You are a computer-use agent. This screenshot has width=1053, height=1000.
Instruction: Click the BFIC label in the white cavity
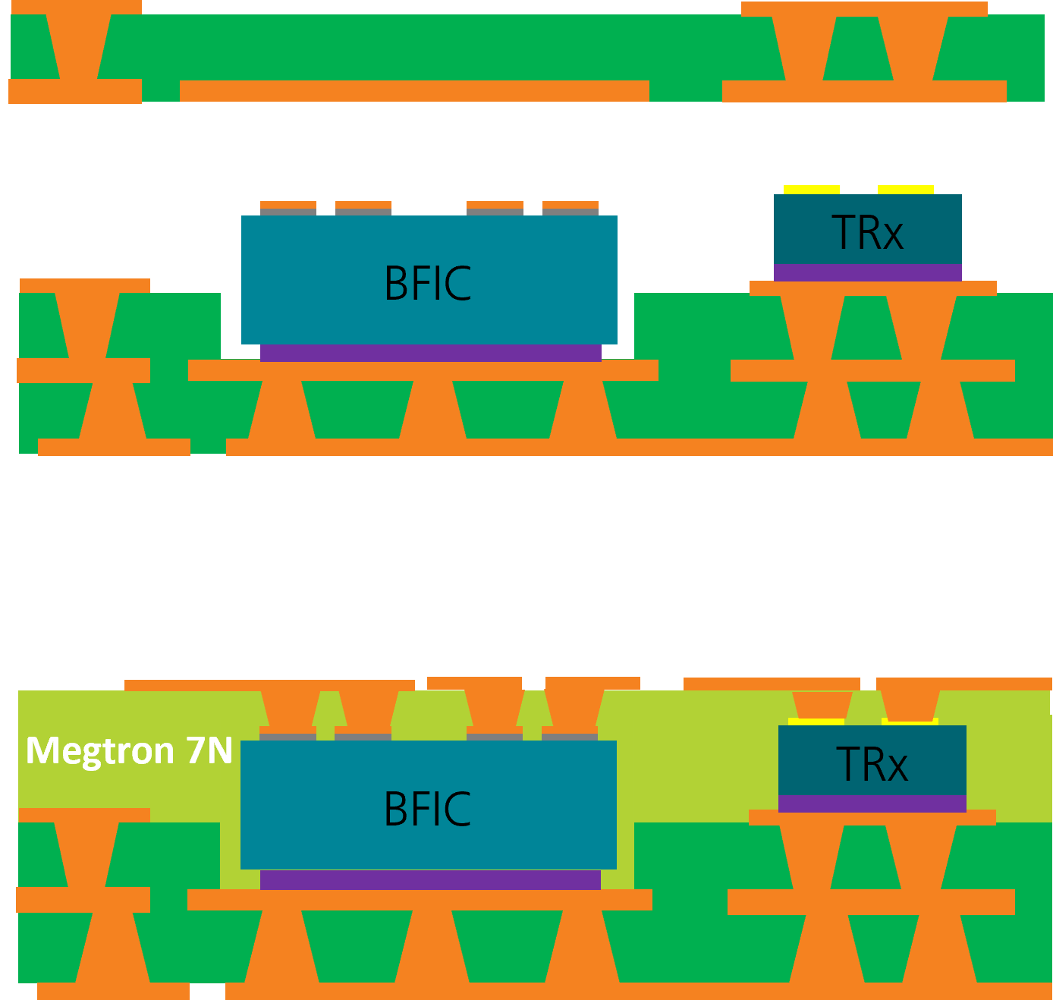(x=428, y=283)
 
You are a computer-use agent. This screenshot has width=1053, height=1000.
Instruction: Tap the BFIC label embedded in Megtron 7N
(x=428, y=809)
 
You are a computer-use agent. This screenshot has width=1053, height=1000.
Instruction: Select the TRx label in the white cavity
(x=868, y=233)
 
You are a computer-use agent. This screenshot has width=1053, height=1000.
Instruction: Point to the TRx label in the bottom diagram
(x=872, y=764)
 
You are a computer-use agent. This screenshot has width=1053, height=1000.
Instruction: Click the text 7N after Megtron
(x=209, y=750)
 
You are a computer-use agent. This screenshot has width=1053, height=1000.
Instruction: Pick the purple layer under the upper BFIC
(x=430, y=352)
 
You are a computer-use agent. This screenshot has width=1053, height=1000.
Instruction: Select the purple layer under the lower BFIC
(x=430, y=879)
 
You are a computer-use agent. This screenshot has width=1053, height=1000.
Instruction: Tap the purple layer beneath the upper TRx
(x=867, y=272)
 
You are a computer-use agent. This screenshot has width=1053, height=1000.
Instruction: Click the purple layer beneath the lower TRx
(x=872, y=803)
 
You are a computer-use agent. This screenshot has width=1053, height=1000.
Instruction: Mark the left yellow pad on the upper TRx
(x=811, y=189)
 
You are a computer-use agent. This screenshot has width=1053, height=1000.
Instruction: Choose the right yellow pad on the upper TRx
(x=905, y=189)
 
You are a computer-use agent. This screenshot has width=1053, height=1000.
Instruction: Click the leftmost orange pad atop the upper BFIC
(x=288, y=205)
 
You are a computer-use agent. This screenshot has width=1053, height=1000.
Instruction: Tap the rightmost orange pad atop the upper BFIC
(x=571, y=205)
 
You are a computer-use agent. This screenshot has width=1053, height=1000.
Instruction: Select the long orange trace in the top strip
(x=414, y=91)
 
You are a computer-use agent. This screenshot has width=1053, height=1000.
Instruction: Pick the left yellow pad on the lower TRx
(x=816, y=721)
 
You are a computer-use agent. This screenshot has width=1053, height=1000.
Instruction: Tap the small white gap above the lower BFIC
(x=533, y=685)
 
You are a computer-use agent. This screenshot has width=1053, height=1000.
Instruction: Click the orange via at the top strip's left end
(x=78, y=46)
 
